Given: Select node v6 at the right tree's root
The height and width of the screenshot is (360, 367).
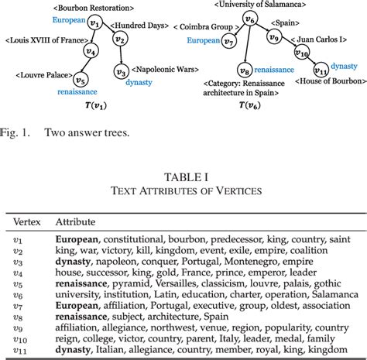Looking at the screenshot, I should point(249,19).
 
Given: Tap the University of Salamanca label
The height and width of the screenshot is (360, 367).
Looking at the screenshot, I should point(249,5).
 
